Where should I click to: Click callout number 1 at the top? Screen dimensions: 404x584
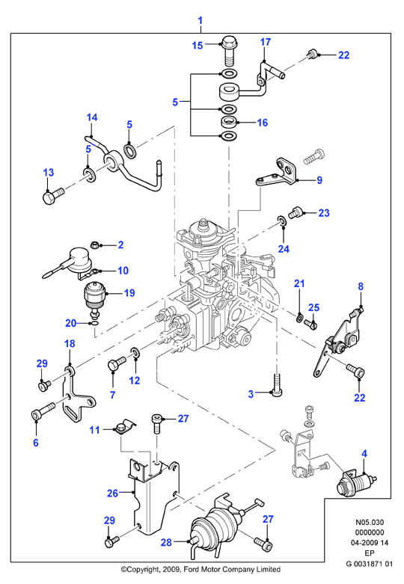pos(201,20)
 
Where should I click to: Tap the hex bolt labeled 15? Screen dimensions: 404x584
pos(230,51)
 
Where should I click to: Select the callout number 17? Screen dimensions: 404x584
pos(266,42)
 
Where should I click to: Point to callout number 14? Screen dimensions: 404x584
pos(92,117)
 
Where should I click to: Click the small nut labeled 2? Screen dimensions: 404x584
pos(95,245)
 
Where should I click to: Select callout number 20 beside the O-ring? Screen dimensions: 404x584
pos(71,323)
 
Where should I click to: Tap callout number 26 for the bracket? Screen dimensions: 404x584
pos(112,493)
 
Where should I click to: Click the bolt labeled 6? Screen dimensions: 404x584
pos(43,411)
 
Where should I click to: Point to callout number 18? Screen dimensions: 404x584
pos(70,343)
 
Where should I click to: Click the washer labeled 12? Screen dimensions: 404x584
pos(135,353)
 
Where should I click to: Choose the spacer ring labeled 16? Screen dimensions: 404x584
pos(228,121)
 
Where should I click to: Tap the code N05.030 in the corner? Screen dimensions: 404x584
pos(370,522)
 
